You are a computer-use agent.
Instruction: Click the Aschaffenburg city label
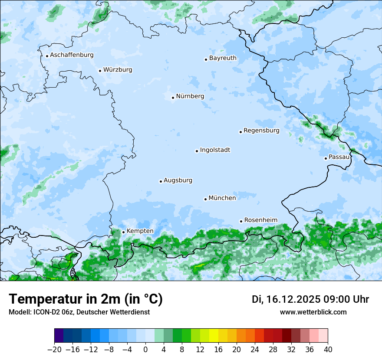click(x=72, y=55)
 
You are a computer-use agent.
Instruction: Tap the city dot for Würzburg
click(x=100, y=71)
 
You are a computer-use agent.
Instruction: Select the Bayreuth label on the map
click(x=223, y=58)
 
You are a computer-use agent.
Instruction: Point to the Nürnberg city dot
click(x=173, y=98)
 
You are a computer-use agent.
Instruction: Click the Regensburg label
click(x=261, y=131)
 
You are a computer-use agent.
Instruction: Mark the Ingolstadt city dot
click(x=197, y=151)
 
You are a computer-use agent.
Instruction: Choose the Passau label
click(x=339, y=157)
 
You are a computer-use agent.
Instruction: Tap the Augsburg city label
click(x=178, y=180)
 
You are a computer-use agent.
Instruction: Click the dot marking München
click(x=205, y=199)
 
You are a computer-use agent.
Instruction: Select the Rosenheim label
click(x=260, y=220)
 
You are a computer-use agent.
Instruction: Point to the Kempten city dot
click(x=123, y=232)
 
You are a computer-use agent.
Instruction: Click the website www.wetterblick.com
click(x=313, y=312)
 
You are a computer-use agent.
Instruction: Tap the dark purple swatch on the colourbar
click(x=59, y=336)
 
